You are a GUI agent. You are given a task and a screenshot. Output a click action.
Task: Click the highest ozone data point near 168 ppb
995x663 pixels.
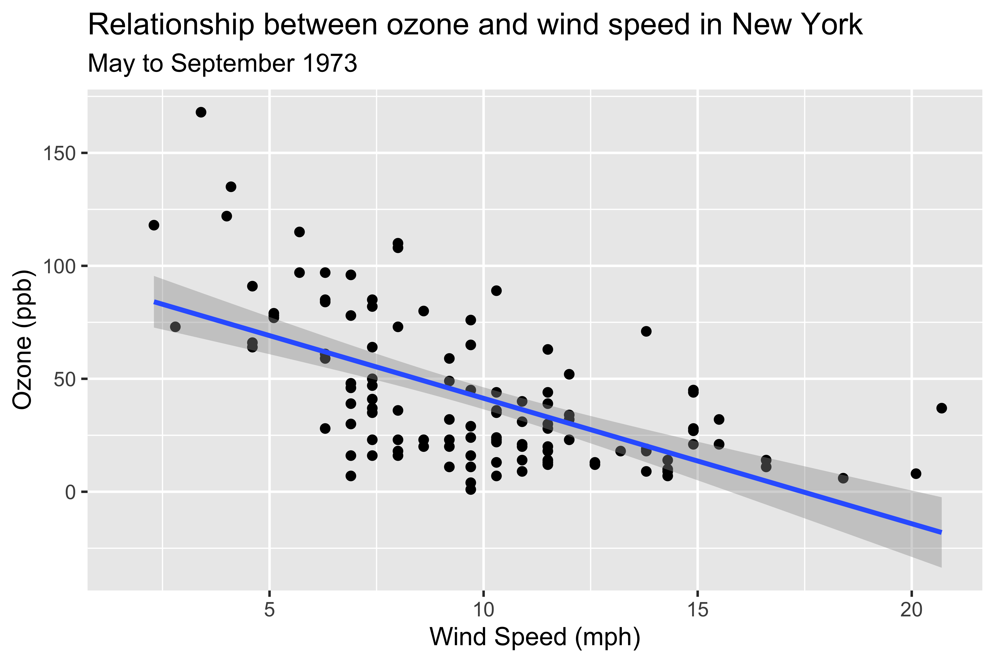click(x=201, y=112)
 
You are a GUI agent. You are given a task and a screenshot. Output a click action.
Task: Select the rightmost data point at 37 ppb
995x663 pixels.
click(x=941, y=408)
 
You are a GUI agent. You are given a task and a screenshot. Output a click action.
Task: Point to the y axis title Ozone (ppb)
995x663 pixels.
click(x=22, y=340)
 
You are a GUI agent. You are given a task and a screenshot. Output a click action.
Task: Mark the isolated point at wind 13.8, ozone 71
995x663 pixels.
click(x=646, y=331)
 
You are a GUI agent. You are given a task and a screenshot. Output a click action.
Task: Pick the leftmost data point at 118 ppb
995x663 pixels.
click(x=154, y=225)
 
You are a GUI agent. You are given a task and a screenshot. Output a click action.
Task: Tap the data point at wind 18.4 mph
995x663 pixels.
click(x=843, y=478)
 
